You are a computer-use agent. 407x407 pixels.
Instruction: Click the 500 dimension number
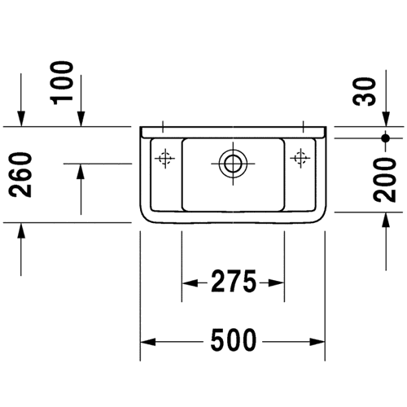(x=234, y=340)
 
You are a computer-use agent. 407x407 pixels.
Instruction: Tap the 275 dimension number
(x=234, y=281)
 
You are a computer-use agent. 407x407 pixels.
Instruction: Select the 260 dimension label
(x=20, y=175)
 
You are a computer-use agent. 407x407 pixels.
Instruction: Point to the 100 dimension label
(x=62, y=83)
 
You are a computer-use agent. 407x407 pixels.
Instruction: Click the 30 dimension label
(x=364, y=91)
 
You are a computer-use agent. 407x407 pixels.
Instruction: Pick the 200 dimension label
(x=384, y=180)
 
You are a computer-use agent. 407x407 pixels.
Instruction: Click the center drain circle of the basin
(x=233, y=164)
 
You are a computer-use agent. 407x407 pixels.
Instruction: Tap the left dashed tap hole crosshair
(x=164, y=158)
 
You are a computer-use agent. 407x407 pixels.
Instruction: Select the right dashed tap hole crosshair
(x=300, y=158)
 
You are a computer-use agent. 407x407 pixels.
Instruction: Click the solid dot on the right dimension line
(x=385, y=138)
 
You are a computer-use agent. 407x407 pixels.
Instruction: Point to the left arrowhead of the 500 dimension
(x=148, y=342)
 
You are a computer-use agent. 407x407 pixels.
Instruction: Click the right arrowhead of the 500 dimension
(x=317, y=342)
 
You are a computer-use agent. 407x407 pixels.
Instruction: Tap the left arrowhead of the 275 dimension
(x=190, y=283)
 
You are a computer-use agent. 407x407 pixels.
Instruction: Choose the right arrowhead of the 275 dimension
(x=276, y=283)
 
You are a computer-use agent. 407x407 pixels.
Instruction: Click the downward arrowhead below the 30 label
(x=386, y=119)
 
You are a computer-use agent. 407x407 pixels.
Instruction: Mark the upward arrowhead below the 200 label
(x=386, y=220)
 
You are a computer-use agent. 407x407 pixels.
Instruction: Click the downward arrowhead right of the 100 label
(x=81, y=119)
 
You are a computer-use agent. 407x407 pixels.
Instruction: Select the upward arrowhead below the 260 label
(x=21, y=230)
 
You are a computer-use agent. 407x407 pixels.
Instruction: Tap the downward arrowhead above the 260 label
(x=21, y=119)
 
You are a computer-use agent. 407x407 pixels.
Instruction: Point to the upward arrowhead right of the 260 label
(x=81, y=171)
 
